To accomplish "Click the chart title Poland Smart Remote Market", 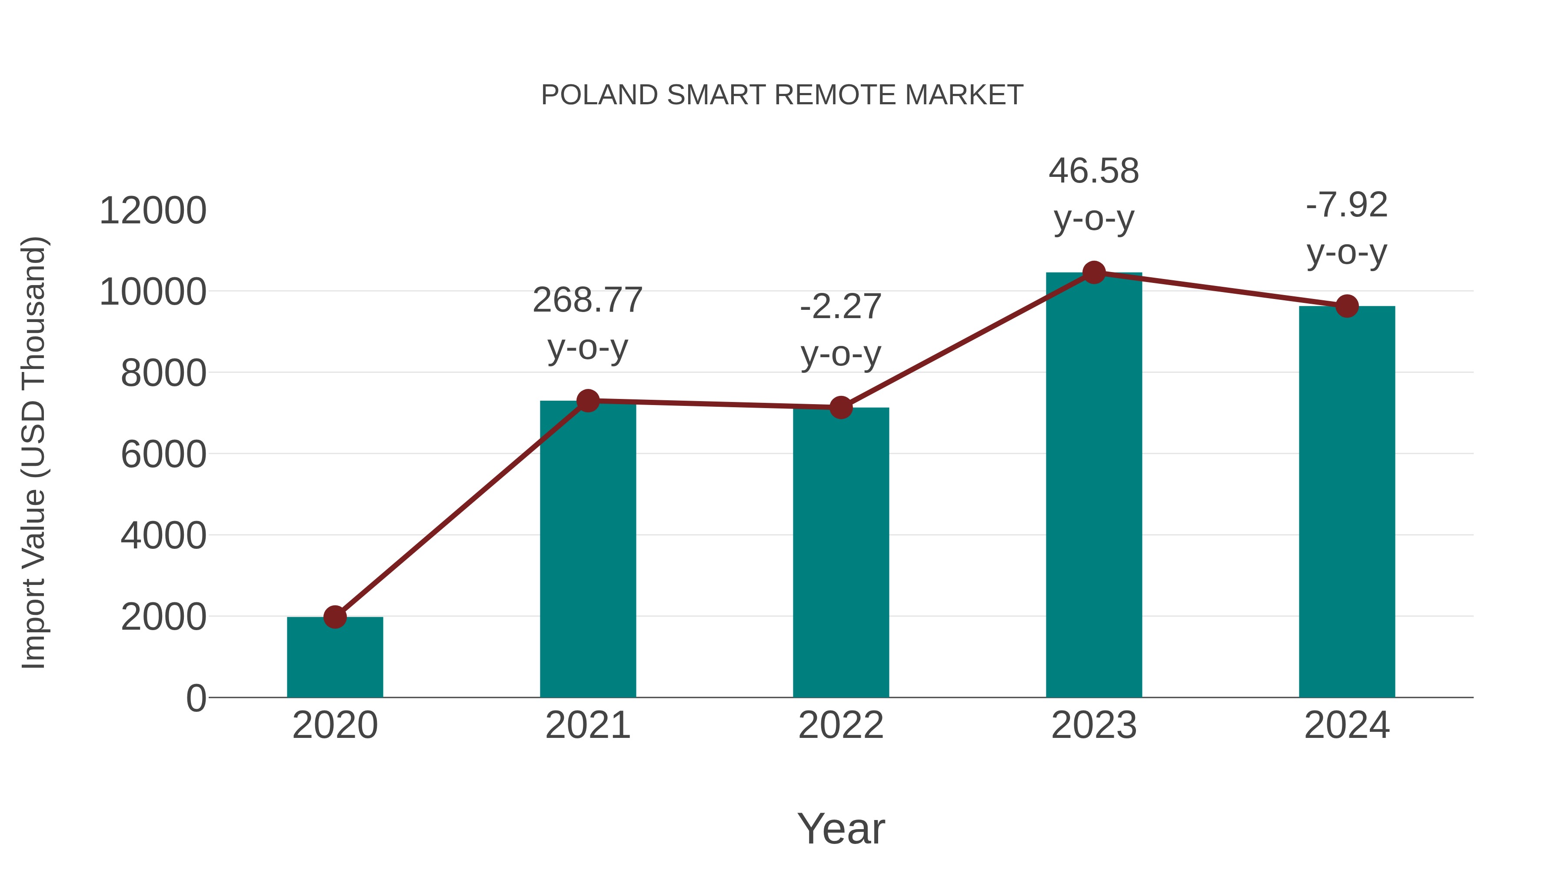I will point(782,95).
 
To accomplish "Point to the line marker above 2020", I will point(335,617).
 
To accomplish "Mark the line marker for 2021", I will point(587,401).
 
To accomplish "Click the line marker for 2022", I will point(841,408).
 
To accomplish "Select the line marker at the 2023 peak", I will point(1094,272).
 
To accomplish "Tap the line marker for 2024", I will point(1347,306).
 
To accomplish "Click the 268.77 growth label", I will point(587,301).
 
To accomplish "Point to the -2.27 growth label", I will point(841,307).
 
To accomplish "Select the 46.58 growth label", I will point(1094,171).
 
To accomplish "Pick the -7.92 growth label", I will point(1347,205).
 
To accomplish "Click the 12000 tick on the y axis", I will point(153,211).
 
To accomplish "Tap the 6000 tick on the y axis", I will point(163,454).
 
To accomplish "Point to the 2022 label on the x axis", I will point(841,725).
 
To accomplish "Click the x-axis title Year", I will point(841,828).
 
